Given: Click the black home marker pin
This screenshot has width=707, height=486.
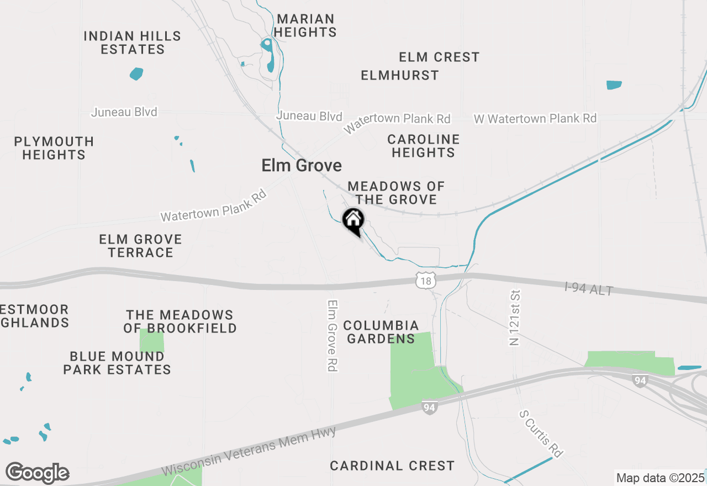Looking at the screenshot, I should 353,220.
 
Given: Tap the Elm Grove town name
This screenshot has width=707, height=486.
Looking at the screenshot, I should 302,165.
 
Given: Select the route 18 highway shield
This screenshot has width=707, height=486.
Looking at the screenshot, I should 425,282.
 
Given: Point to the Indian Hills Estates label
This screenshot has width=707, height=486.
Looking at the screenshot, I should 133,43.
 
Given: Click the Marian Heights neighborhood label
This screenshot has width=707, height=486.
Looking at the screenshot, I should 305,26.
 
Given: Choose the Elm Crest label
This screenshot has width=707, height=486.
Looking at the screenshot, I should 439,57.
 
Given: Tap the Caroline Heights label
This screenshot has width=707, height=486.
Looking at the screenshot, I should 423,146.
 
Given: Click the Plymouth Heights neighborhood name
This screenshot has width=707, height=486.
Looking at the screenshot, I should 54,148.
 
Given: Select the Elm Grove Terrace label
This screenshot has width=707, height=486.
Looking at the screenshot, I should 140,246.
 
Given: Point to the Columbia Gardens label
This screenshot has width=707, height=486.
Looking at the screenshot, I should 381,332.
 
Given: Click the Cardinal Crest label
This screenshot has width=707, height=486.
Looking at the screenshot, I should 392,466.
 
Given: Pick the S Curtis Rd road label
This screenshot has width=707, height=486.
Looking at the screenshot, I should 541,434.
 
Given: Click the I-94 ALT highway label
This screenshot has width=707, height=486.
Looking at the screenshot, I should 589,288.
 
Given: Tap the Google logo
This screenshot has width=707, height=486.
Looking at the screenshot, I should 37,473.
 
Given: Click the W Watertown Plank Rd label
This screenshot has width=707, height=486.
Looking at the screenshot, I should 535,119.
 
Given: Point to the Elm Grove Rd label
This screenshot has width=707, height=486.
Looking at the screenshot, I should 332,336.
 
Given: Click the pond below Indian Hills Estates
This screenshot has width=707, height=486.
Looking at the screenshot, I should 136,73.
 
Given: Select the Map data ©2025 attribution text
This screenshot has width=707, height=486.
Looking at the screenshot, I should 660,478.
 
